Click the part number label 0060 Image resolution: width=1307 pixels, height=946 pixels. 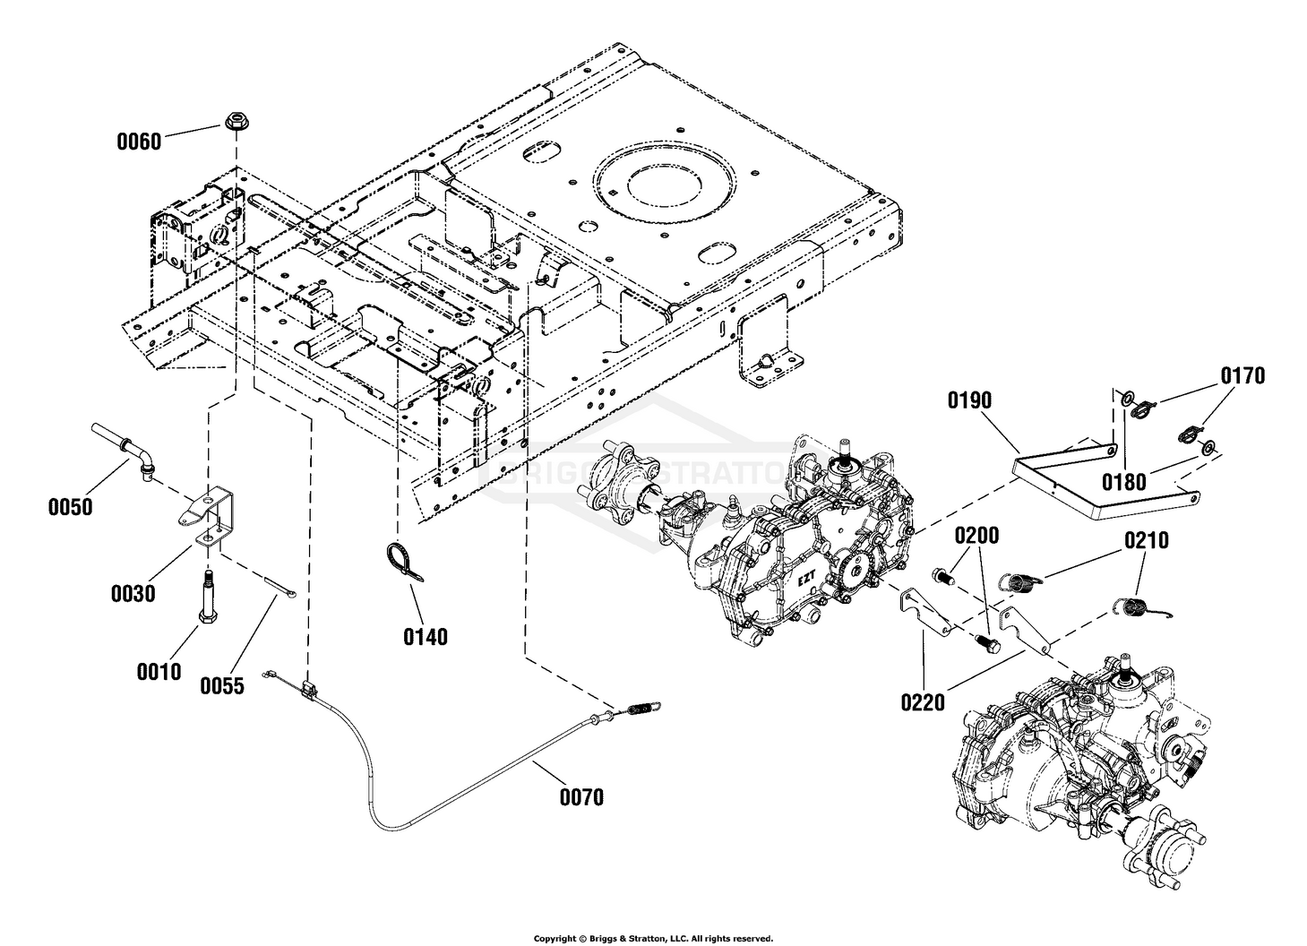139,142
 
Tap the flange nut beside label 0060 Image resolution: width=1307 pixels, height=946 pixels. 235,122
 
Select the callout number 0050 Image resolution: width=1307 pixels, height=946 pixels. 70,506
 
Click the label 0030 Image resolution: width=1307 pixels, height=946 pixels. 133,594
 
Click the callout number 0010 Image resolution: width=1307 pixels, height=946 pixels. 159,672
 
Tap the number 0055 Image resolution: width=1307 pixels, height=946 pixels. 222,685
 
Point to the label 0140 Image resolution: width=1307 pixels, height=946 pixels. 426,637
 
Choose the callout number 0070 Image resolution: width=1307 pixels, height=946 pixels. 581,796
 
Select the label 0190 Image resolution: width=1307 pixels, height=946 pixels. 969,400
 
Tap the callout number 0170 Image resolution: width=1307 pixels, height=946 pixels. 1243,376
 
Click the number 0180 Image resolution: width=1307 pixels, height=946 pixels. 1123,482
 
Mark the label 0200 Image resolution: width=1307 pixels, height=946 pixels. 976,535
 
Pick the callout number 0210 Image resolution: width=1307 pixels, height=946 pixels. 1147,540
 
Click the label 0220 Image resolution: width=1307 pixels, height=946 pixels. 923,702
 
